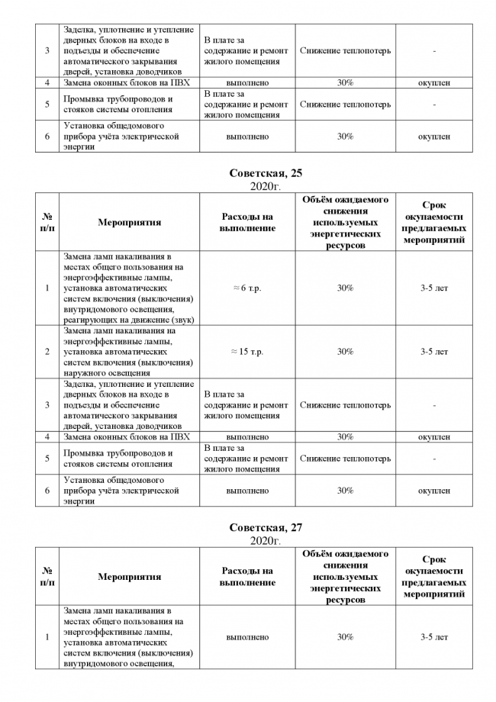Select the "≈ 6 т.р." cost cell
(x=247, y=288)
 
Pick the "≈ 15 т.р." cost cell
(x=247, y=352)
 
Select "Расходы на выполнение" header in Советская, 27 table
(x=247, y=577)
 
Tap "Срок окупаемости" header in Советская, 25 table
(x=433, y=223)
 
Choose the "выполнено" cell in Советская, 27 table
(x=247, y=637)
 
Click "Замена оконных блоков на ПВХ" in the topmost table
(x=127, y=82)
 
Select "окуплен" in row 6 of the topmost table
(x=433, y=137)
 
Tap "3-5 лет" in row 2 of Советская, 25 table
(x=433, y=352)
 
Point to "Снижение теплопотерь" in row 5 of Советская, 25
(x=345, y=459)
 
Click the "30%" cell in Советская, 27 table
(x=345, y=637)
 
